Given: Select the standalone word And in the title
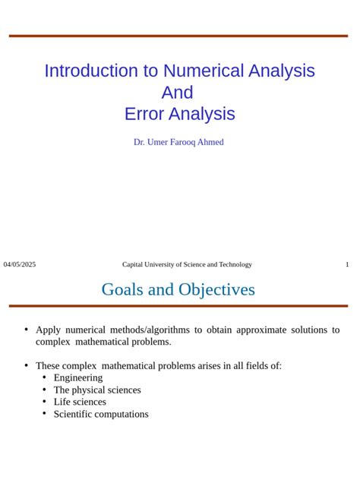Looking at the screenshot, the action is click(178, 93).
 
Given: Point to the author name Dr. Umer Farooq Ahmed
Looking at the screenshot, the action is click(178, 142).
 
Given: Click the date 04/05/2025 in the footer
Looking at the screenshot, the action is click(20, 264).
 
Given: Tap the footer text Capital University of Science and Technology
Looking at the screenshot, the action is click(187, 264).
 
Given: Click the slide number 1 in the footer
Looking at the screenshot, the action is click(347, 264).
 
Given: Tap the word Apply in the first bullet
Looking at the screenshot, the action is click(48, 330).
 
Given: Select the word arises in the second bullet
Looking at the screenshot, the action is click(201, 365).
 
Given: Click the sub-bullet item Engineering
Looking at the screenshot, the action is click(77, 377).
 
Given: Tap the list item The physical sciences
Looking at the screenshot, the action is click(96, 390).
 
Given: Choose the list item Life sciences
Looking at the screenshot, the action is click(80, 402).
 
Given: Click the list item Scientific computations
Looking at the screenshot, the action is click(101, 414).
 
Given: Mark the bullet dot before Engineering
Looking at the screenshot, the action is click(44, 377).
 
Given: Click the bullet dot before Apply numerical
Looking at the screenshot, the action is click(26, 329).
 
